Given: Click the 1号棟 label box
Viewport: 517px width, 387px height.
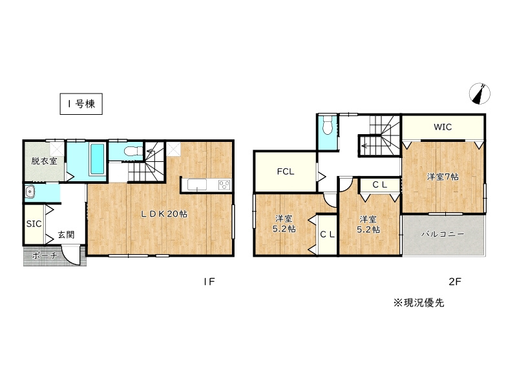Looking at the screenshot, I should coord(81,104).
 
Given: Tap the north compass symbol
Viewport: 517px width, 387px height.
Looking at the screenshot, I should coord(480,94).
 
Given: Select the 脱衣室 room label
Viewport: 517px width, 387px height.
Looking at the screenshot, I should coord(44,161).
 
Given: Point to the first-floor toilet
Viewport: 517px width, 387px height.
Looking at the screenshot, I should coord(132,152).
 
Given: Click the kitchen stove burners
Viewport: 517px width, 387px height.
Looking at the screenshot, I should coord(224,185).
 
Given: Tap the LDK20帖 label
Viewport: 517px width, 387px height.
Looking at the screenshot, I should coord(165,214).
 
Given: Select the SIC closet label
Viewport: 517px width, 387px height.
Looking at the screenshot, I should coord(34,224).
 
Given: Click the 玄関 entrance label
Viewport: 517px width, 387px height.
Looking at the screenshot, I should coord(65,235).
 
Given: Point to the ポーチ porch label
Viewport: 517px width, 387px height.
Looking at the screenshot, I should coord(44,256).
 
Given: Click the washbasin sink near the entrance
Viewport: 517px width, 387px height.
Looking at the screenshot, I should coord(30,192).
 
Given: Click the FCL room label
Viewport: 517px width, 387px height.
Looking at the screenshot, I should coord(286,172).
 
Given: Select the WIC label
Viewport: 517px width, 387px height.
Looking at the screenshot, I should coord(443,127).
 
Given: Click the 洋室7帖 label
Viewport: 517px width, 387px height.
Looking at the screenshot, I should coord(442,176).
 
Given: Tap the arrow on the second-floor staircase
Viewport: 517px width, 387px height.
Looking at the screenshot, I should coord(366,146).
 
